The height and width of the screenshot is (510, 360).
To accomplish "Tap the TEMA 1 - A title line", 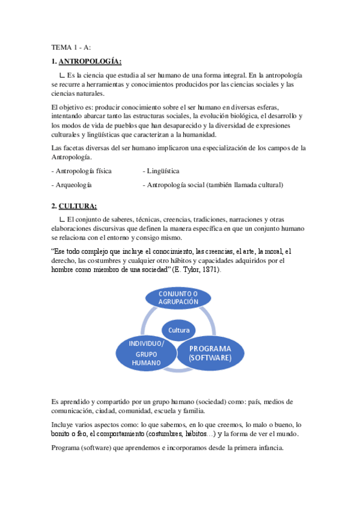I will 71,48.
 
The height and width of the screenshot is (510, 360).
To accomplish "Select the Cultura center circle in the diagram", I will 178,330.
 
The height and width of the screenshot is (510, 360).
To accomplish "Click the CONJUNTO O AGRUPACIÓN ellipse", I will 178,297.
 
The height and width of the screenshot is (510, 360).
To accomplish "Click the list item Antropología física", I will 81,171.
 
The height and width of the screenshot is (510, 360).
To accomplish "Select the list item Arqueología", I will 72,185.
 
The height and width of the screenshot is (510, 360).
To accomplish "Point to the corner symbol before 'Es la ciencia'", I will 62,75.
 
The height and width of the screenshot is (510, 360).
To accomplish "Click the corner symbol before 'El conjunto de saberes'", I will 62,220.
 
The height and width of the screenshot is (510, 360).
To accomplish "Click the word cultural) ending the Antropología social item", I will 269,185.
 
